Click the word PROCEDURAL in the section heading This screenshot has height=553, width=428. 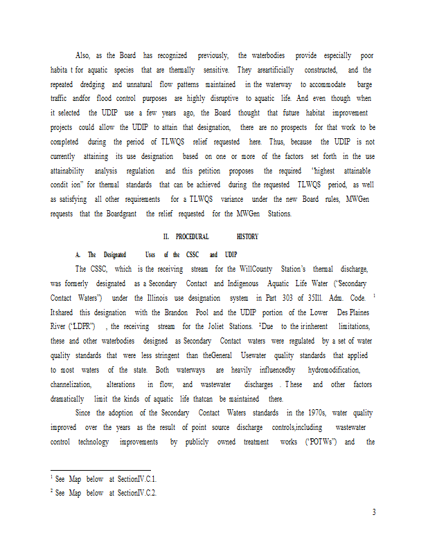[x=192, y=236]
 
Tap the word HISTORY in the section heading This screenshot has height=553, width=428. [x=247, y=236]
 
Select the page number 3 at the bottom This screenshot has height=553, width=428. [x=373, y=512]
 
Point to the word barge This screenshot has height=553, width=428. [x=361, y=84]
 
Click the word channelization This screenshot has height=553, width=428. [x=73, y=384]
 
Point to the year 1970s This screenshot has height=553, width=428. [x=300, y=413]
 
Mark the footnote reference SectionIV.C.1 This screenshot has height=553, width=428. [x=137, y=479]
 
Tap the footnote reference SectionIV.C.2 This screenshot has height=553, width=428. [x=137, y=493]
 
